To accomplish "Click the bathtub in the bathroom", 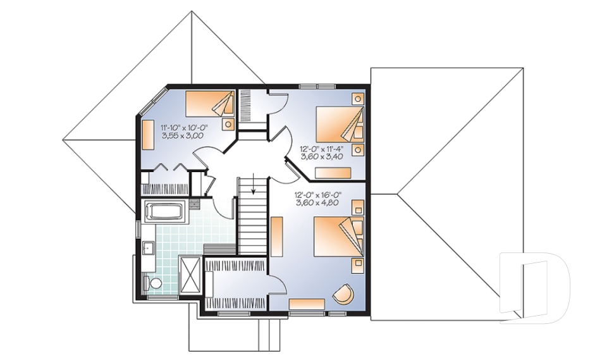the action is click(x=165, y=211).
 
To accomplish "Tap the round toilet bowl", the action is click(x=156, y=283).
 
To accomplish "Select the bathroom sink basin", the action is click(x=148, y=247).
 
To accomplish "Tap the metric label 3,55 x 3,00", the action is click(x=183, y=135).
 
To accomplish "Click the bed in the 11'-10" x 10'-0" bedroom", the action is click(x=210, y=104).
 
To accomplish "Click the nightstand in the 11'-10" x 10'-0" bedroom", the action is click(x=228, y=125).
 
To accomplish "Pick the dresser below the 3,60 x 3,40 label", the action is click(x=333, y=173).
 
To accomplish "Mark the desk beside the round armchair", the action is click(x=307, y=304).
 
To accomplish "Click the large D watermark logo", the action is click(x=535, y=288).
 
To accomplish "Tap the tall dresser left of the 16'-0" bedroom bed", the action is click(x=277, y=237).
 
